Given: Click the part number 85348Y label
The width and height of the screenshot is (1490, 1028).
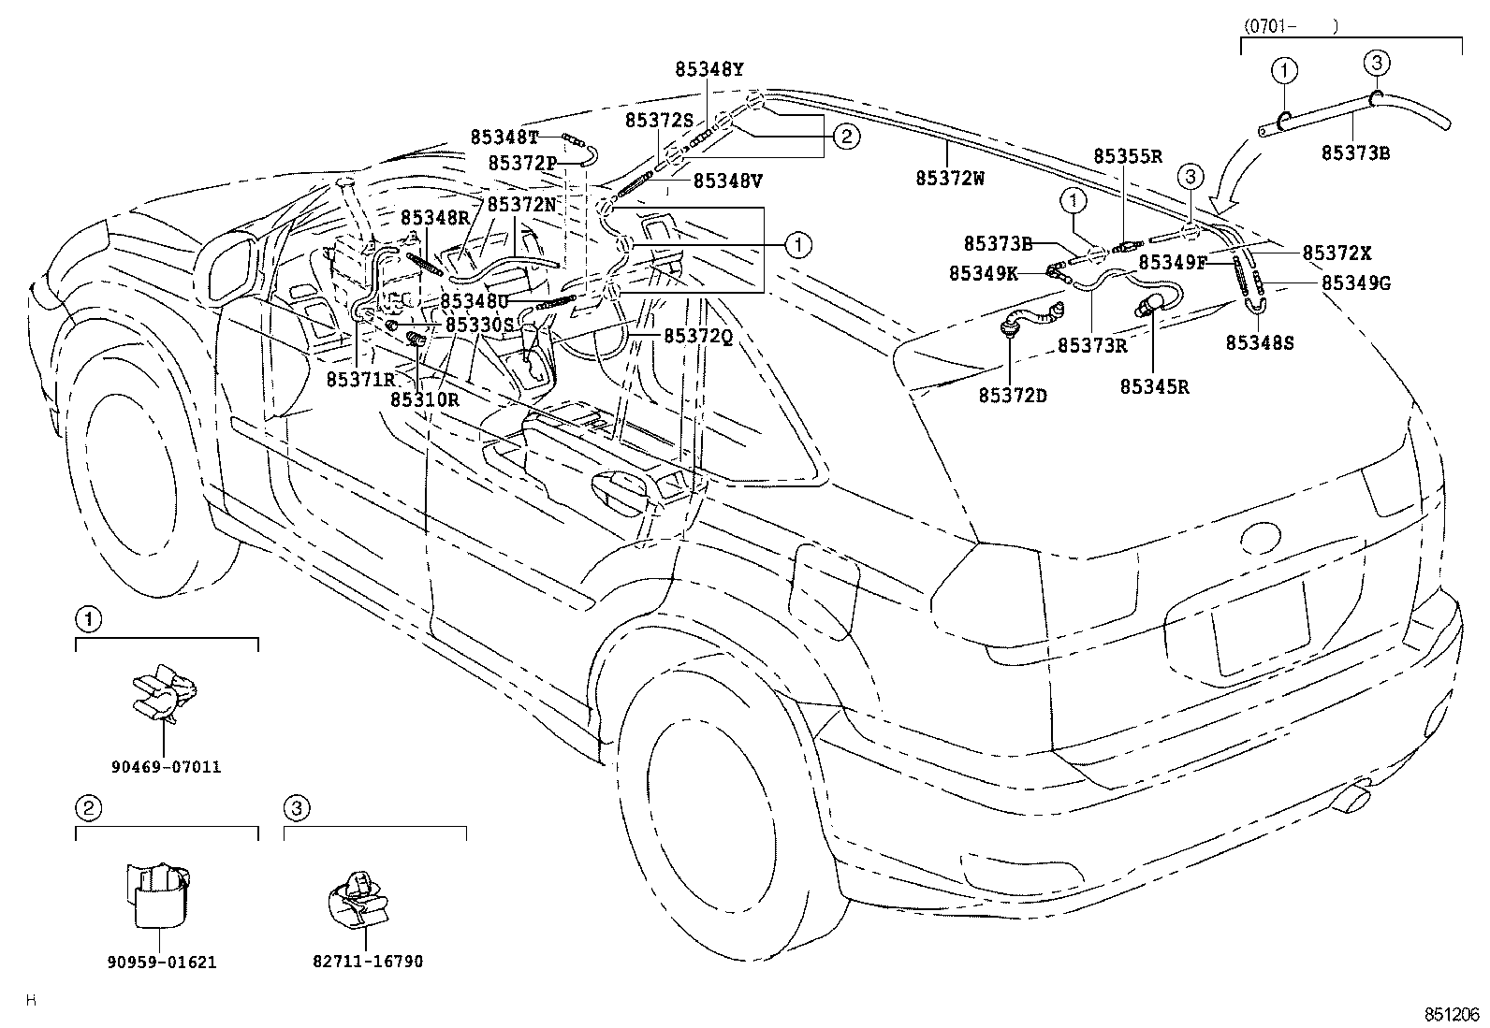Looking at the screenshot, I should [709, 68].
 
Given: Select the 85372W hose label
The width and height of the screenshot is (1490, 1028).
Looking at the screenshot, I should [949, 179].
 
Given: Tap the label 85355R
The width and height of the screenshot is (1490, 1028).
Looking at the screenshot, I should [1127, 156].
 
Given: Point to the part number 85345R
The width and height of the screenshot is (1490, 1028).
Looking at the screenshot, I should [1155, 386].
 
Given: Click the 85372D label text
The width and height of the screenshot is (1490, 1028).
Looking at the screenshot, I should [1013, 396].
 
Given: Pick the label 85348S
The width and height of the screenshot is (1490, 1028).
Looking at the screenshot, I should [1260, 343].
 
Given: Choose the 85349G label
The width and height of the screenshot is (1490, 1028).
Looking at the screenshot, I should [1356, 282].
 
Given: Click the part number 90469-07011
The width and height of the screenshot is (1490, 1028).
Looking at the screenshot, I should [167, 767].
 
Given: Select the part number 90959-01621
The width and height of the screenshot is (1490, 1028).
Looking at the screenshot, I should [163, 962].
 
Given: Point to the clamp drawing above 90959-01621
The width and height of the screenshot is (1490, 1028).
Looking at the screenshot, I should [156, 893].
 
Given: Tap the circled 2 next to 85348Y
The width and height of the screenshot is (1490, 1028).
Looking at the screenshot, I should [846, 138].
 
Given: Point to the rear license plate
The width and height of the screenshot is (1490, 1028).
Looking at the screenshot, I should [1261, 625].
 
